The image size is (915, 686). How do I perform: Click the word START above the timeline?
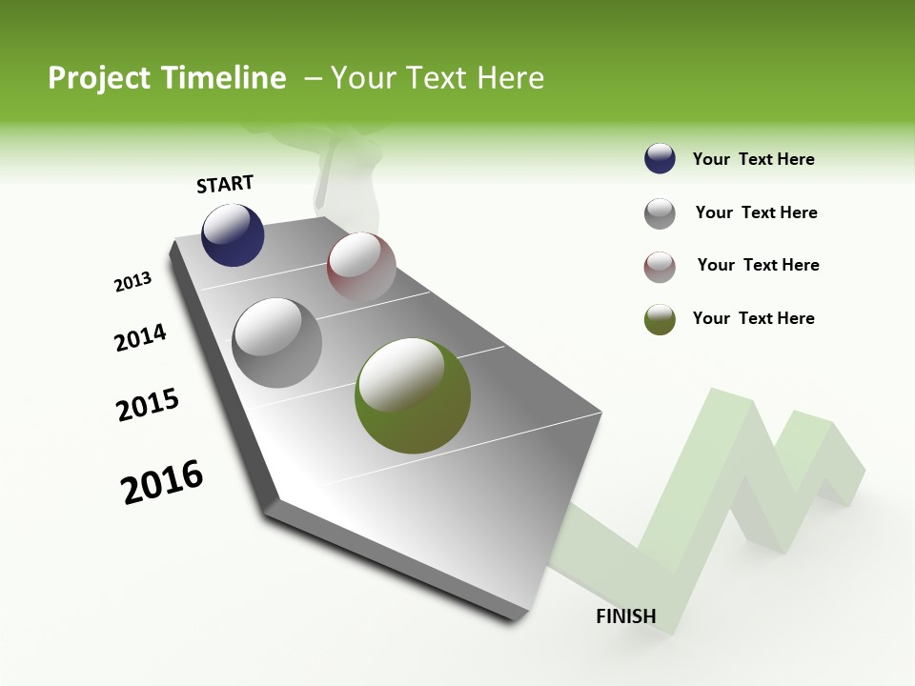click(225, 184)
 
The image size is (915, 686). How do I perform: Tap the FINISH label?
click(626, 615)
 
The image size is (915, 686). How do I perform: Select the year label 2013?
click(133, 282)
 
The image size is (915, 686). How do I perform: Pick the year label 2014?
click(140, 338)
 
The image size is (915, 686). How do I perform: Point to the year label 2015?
click(148, 405)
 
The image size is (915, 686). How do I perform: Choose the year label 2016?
click(162, 482)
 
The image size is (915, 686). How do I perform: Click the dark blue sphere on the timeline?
click(233, 235)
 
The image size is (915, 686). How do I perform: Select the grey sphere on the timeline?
click(277, 343)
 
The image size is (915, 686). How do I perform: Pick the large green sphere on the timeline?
click(413, 395)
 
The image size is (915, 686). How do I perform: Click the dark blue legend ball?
click(660, 159)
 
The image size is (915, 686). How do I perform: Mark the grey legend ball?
click(660, 213)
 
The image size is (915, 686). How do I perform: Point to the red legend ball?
click(660, 267)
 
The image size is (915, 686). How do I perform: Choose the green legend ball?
click(660, 319)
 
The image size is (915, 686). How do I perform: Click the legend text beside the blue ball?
click(753, 159)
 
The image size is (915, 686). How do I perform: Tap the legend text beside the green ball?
click(753, 318)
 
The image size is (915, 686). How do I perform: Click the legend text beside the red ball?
click(758, 265)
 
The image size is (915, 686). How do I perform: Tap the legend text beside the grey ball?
click(756, 212)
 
